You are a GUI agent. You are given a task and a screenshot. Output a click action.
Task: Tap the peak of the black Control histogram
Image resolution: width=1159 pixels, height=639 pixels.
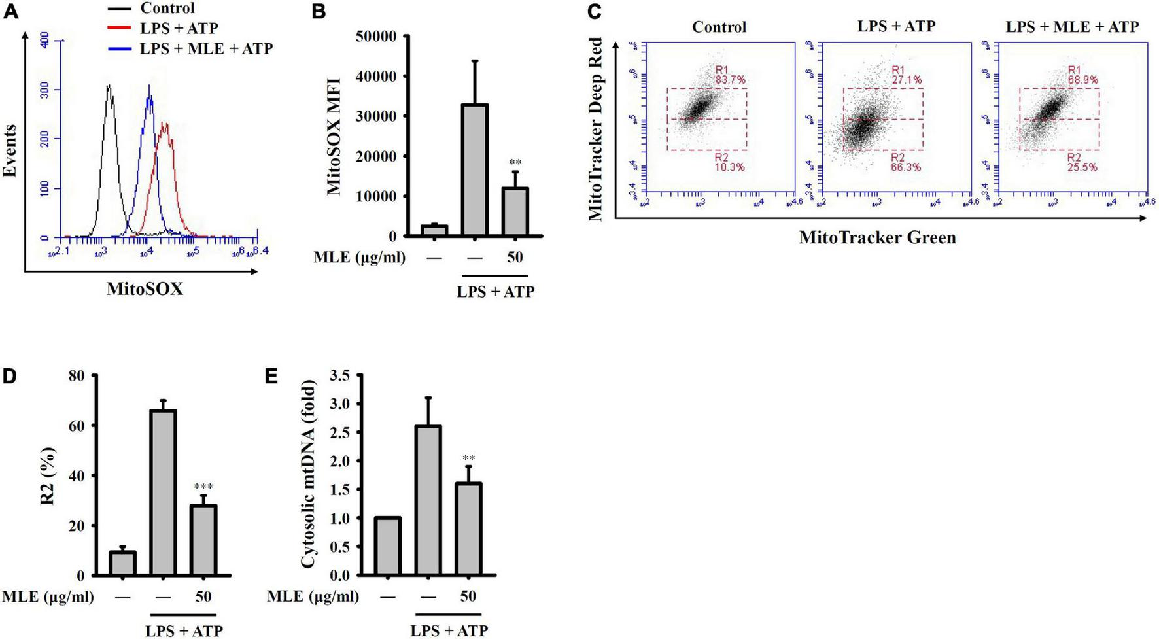[109, 86]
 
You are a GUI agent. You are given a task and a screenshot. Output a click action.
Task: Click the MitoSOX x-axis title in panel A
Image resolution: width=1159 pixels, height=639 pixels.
[145, 288]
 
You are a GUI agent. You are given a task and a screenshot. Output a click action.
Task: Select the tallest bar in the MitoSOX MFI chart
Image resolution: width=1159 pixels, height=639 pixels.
[474, 169]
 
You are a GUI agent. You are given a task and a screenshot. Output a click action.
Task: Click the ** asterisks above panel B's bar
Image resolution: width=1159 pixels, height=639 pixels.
[515, 163]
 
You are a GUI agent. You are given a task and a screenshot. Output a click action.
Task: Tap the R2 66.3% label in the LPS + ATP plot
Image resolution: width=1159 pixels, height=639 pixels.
[905, 162]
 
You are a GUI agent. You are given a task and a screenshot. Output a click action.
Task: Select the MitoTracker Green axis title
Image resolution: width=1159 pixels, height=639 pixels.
[877, 237]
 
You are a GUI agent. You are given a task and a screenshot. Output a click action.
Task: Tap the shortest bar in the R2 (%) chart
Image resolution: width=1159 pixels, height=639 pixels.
[122, 563]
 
